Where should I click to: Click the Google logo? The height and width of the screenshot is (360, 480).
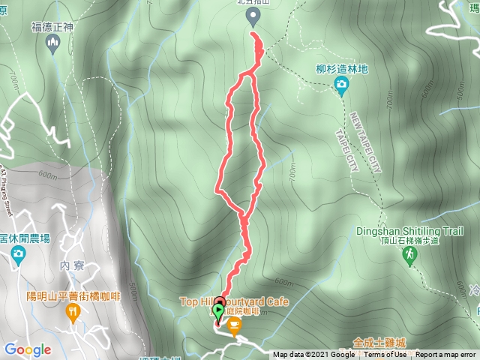click(28, 349)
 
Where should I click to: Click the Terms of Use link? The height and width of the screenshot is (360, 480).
click(385, 355)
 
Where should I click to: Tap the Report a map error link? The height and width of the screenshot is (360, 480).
click(445, 355)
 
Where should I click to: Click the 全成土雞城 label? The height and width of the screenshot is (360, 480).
click(379, 340)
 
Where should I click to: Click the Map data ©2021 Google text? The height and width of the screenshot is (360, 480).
click(313, 355)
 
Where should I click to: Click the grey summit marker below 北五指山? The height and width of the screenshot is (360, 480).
click(252, 23)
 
